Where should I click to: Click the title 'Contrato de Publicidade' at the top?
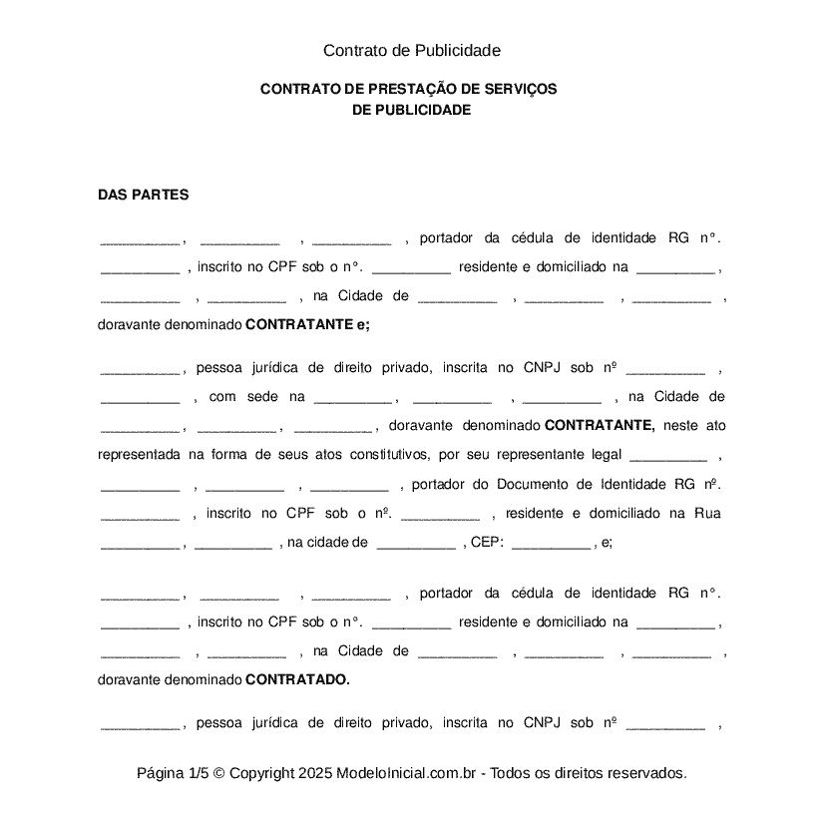coord(411,50)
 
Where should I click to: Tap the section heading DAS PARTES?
coord(143,195)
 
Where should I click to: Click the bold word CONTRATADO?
coord(297,680)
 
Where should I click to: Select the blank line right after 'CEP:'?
coord(550,545)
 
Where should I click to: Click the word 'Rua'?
coord(707,513)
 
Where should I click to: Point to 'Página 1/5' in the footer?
coord(173,773)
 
